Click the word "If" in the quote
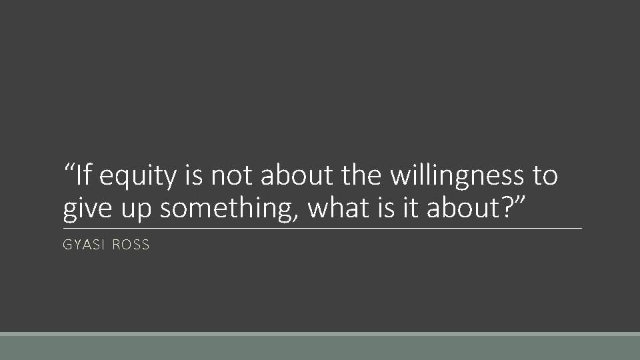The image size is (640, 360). point(83,175)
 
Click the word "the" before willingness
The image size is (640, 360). point(361,175)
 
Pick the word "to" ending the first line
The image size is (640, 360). point(544,176)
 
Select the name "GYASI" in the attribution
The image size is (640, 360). point(83,245)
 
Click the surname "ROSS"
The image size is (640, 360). point(131,245)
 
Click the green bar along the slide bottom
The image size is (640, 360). point(320,347)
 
